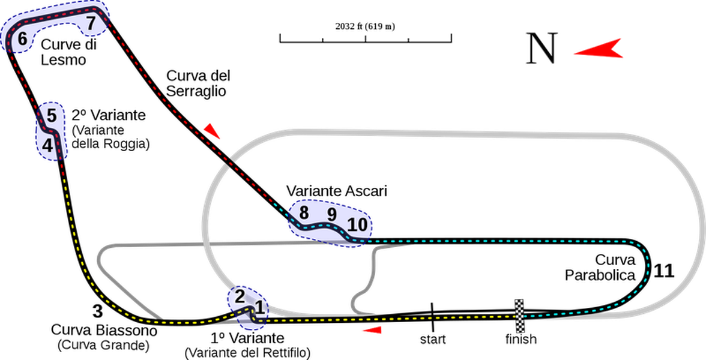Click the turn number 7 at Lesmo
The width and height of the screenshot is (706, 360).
point(91,23)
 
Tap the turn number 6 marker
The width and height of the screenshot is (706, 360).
point(22,39)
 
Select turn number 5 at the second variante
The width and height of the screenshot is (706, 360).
point(52,116)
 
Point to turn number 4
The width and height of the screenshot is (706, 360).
point(48,145)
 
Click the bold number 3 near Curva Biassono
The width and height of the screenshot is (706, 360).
point(97,311)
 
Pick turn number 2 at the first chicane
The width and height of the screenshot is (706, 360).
point(240,296)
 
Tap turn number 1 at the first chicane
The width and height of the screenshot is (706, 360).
point(259,308)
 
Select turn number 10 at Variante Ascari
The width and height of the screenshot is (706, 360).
point(358,224)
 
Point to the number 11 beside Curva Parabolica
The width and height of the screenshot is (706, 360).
point(664,271)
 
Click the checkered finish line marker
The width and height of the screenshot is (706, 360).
point(519,316)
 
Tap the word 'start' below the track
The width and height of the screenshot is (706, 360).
point(433,339)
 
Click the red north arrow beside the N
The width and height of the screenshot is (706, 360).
point(599,49)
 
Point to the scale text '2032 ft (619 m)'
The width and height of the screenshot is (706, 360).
point(365,26)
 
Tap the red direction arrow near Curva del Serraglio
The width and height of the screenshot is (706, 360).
point(211,131)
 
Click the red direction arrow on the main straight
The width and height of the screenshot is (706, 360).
point(372,330)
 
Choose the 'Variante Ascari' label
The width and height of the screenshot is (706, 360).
point(337,191)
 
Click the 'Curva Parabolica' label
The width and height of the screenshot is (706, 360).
point(600,268)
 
